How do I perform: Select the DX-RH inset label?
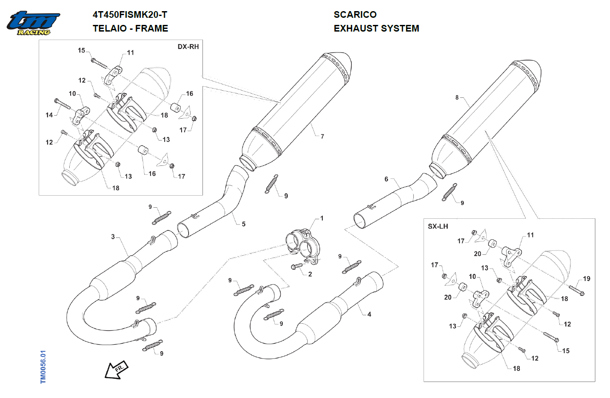pyautogui.click(x=188, y=47)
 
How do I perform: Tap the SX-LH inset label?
pyautogui.click(x=438, y=226)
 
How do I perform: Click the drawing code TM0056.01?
pyautogui.click(x=43, y=367)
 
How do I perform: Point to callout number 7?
pyautogui.click(x=322, y=136)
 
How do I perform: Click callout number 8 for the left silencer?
pyautogui.click(x=457, y=97)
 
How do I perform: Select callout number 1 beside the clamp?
pyautogui.click(x=322, y=218)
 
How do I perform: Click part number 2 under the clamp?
pyautogui.click(x=310, y=274)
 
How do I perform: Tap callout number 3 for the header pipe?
pyautogui.click(x=113, y=237)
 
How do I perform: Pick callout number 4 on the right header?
pyautogui.click(x=369, y=314)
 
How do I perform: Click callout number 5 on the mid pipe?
pyautogui.click(x=243, y=224)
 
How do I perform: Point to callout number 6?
pyautogui.click(x=386, y=179)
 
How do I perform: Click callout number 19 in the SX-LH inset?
pyautogui.click(x=586, y=279)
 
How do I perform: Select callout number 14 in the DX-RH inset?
pyautogui.click(x=49, y=115)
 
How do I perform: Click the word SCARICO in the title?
pyautogui.click(x=355, y=15)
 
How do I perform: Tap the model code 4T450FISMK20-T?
pyautogui.click(x=130, y=15)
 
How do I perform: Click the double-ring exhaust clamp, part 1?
pyautogui.click(x=302, y=244)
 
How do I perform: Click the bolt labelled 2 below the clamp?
pyautogui.click(x=296, y=266)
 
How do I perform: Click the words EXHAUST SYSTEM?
pyautogui.click(x=376, y=28)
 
